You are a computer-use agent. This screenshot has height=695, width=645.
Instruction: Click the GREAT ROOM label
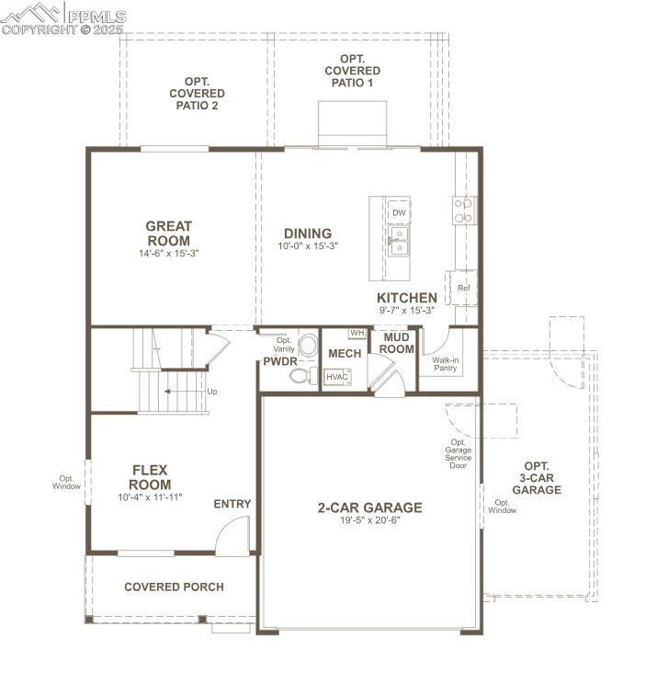(168, 234)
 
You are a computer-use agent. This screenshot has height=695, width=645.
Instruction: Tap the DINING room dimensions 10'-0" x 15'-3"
(308, 246)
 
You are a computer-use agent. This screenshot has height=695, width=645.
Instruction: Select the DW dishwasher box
(399, 212)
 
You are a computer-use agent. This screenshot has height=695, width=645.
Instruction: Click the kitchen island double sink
(399, 241)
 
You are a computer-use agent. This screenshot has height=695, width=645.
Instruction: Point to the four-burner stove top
(463, 211)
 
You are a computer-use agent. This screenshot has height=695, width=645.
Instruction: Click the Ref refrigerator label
(463, 288)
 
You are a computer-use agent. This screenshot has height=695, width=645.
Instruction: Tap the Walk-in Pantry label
(446, 364)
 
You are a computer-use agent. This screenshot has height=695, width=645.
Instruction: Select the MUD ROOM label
(397, 343)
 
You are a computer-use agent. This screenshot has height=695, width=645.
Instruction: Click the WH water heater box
(357, 333)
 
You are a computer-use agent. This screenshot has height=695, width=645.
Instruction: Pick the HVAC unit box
(337, 377)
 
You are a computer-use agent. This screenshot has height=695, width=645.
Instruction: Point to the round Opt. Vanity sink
(308, 346)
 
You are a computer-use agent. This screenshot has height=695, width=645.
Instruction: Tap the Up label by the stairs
(212, 392)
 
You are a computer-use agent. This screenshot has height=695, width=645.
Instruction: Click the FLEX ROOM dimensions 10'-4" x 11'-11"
(150, 497)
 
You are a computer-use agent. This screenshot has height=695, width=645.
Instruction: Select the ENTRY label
(232, 504)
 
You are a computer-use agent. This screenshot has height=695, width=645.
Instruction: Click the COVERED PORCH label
(174, 587)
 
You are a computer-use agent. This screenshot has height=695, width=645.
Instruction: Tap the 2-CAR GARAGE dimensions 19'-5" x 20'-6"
(370, 520)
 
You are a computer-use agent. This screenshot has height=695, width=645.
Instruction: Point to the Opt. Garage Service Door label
(458, 454)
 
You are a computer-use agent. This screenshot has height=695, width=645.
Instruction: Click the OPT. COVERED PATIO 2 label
(198, 94)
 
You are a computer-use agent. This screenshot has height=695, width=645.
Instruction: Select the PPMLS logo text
(97, 17)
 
